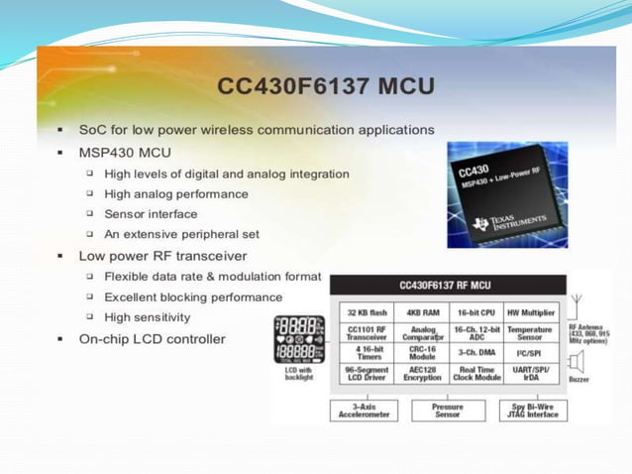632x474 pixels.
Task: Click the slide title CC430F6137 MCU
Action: tap(326, 86)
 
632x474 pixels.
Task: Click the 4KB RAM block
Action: tap(423, 311)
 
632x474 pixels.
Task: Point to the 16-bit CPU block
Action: tap(475, 311)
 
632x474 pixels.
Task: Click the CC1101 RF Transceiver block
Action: tap(367, 332)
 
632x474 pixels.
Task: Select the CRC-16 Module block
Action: tap(423, 353)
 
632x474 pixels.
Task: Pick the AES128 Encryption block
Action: tap(423, 374)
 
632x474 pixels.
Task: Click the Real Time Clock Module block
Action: tap(475, 374)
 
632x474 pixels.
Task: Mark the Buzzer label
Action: tap(579, 379)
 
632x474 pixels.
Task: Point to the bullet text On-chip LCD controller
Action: tap(153, 339)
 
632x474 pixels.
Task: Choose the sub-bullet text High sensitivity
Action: tap(148, 317)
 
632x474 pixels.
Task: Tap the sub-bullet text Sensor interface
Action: tap(151, 214)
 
